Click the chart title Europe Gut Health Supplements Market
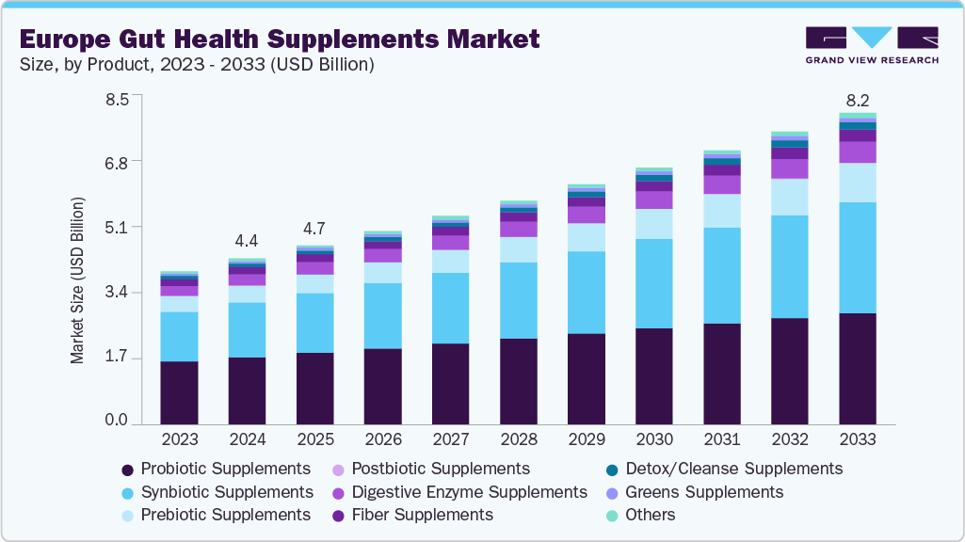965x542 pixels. pyautogui.click(x=279, y=39)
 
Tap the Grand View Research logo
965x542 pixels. pyautogui.click(x=871, y=45)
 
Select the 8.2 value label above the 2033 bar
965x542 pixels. pyautogui.click(x=857, y=100)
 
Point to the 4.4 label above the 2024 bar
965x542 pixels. pyautogui.click(x=247, y=240)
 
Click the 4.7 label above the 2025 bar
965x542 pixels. pyautogui.click(x=314, y=229)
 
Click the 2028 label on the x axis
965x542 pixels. pyautogui.click(x=518, y=439)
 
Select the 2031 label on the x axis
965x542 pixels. pyautogui.click(x=721, y=439)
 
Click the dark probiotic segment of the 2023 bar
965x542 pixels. pyautogui.click(x=179, y=392)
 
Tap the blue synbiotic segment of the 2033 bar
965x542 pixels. pyautogui.click(x=857, y=257)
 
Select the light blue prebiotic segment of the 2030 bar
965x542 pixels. pyautogui.click(x=653, y=224)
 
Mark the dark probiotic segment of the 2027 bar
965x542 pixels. pyautogui.click(x=450, y=384)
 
